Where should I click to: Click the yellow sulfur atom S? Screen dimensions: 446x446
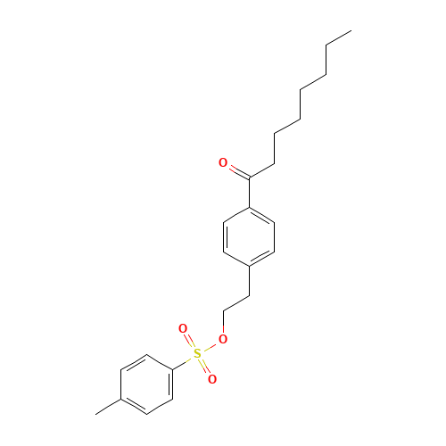point(197,354)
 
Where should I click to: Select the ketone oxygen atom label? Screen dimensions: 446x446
point(223,162)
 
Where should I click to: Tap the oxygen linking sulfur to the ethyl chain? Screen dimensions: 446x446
point(223,339)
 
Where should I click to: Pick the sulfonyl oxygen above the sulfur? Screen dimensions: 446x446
point(183,328)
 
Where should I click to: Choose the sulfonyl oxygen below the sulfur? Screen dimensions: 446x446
point(212,379)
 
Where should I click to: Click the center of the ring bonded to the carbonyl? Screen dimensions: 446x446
point(249,236)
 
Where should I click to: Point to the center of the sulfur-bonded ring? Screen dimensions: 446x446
point(146,384)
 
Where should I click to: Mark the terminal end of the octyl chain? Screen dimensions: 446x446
point(351,30)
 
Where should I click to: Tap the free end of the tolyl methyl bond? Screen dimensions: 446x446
point(95,414)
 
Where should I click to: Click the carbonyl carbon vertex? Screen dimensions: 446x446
point(249,178)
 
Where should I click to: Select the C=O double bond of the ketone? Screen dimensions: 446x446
point(239,172)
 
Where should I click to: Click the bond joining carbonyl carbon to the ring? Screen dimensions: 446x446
point(249,193)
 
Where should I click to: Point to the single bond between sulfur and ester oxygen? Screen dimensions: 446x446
point(210,347)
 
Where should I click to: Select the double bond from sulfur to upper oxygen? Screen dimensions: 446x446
point(190,341)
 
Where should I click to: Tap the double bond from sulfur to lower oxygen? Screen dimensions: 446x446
point(205,367)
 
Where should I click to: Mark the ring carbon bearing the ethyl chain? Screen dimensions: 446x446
point(249,266)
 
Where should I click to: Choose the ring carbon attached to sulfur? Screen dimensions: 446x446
point(173,369)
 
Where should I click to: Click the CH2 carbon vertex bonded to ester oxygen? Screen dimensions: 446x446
point(223,311)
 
